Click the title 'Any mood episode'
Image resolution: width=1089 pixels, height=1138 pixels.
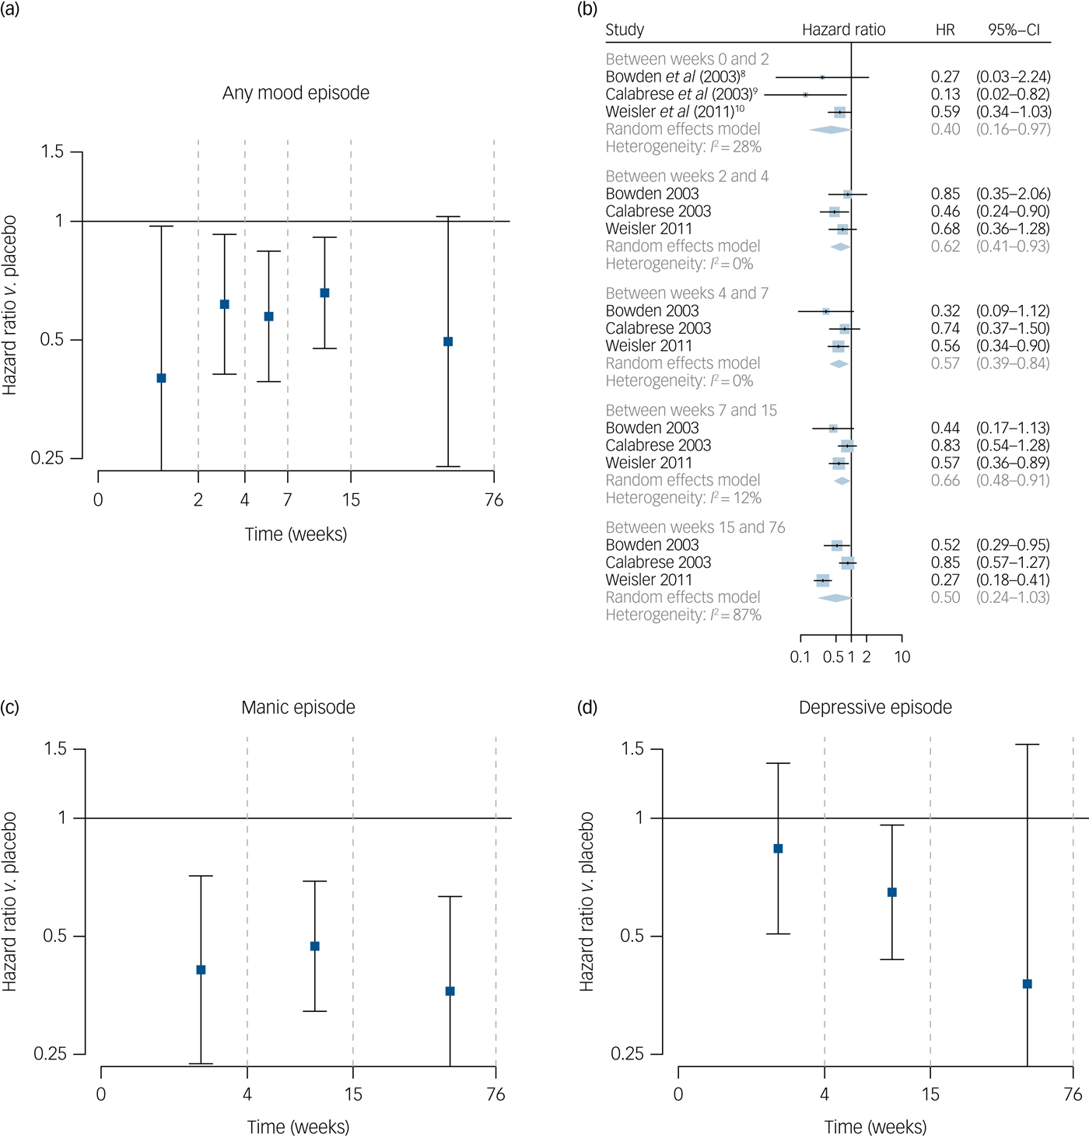(x=296, y=93)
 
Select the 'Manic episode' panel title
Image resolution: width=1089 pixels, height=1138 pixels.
(x=298, y=707)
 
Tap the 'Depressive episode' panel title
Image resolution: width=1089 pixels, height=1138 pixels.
(x=875, y=707)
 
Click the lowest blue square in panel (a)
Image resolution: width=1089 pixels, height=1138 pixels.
(x=161, y=378)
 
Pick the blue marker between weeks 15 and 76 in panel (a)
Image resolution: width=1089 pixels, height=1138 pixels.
(x=448, y=341)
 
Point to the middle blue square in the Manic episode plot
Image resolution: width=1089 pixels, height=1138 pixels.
(x=315, y=946)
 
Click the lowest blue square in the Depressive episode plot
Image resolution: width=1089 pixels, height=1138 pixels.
(x=1027, y=984)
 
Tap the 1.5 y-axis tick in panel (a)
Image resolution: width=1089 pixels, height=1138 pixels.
(x=53, y=152)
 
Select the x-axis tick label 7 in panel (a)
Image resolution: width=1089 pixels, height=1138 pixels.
(x=288, y=499)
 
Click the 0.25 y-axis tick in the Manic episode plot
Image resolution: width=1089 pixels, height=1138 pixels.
(x=51, y=1054)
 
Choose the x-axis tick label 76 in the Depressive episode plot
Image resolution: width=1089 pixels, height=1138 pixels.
(x=1073, y=1094)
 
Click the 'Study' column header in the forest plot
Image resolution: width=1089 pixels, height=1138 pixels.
(x=625, y=30)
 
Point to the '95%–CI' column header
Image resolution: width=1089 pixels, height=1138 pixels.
(x=1014, y=30)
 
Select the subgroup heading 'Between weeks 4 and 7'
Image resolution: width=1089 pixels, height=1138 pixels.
(x=687, y=293)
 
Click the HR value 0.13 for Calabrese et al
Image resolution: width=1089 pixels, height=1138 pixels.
(x=945, y=94)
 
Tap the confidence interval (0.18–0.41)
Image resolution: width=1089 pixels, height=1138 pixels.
(x=1013, y=580)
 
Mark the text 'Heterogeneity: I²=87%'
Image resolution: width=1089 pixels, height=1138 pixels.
(x=683, y=615)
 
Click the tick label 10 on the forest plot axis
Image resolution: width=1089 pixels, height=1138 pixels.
(x=902, y=657)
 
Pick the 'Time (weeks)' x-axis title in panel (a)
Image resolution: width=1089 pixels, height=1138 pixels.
(x=296, y=534)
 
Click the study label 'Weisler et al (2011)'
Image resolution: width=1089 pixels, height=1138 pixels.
(x=674, y=112)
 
